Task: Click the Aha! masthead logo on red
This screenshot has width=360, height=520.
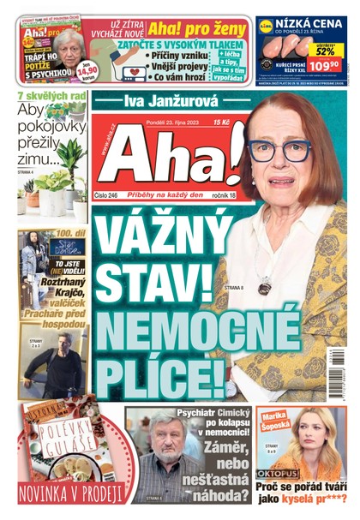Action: [x=163, y=158]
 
